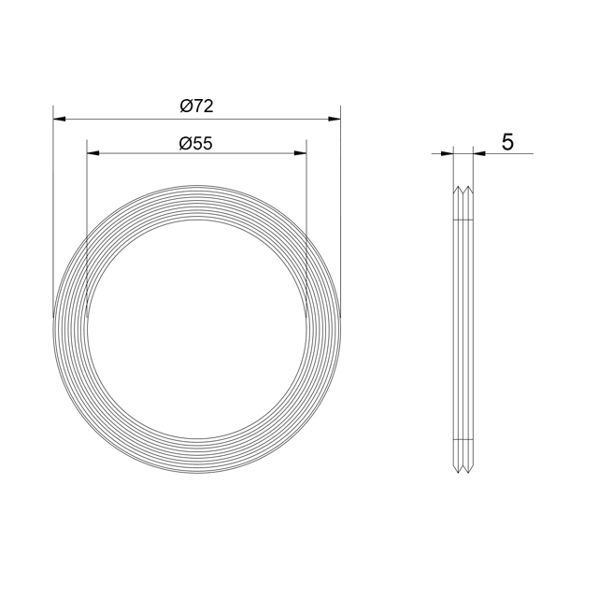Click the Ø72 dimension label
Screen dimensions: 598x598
pos(196,106)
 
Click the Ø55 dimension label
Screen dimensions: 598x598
pos(195,144)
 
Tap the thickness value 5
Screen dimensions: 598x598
pos(507,142)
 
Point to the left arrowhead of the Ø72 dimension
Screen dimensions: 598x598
pos(59,120)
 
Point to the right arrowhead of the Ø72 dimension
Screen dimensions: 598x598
pos(335,120)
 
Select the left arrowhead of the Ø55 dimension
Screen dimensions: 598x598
pos(93,153)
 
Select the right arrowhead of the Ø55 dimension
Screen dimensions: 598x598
pos(301,153)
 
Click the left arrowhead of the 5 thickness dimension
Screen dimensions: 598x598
pos(447,153)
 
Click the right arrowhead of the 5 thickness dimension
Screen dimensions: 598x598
pos(479,153)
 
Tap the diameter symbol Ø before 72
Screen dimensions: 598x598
pos(186,107)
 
